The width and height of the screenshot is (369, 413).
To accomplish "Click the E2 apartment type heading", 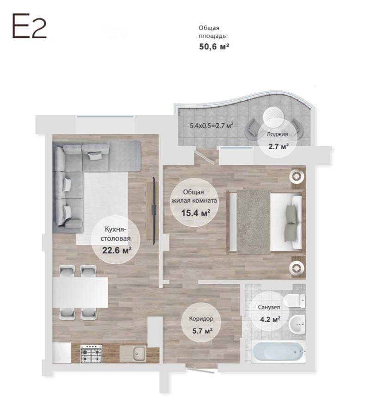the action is (x=29, y=26).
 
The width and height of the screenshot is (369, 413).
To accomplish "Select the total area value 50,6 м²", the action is (x=214, y=47).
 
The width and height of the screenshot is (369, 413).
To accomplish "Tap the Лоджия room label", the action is (x=277, y=134).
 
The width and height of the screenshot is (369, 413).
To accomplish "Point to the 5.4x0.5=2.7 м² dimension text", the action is (x=212, y=125).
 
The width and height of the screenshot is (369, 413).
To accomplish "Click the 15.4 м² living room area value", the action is (x=195, y=213).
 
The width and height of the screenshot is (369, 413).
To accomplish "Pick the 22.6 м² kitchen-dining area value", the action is (x=117, y=250).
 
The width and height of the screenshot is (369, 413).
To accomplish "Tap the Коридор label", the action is (x=201, y=319).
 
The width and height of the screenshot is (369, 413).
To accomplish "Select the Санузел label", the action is (x=269, y=307).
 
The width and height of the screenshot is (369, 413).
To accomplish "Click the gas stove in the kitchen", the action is (x=91, y=353).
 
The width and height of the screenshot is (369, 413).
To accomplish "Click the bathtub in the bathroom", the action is (x=278, y=352).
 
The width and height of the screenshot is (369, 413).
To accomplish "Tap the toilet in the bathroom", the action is (x=296, y=301).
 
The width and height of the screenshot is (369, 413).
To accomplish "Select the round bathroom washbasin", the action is (x=297, y=324).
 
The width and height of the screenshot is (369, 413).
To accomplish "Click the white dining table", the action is (x=80, y=292).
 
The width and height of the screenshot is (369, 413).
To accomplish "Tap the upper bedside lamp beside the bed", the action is (x=297, y=176).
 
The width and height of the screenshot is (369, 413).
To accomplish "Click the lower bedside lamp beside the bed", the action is (x=297, y=267).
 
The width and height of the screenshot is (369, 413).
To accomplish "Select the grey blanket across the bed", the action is (x=254, y=222).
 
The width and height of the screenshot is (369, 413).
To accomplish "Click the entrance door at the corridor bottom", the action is (x=202, y=370).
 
